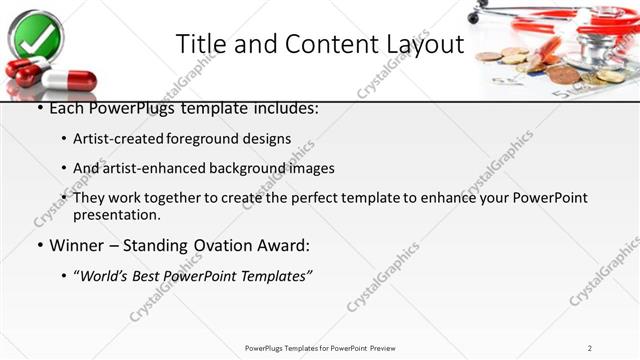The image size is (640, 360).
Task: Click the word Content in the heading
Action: click(x=327, y=45)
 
